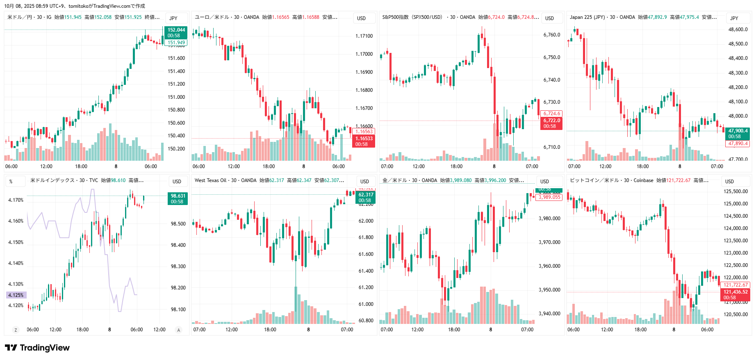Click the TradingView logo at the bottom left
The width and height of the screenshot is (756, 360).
pyautogui.click(x=37, y=348)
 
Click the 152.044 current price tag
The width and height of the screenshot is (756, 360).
pyautogui.click(x=176, y=30)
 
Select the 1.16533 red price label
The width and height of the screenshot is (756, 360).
pyautogui.click(x=364, y=139)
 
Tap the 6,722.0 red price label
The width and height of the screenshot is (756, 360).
pyautogui.click(x=551, y=121)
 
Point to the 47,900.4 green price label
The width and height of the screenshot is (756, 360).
pyautogui.click(x=738, y=131)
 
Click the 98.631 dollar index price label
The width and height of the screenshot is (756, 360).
pyautogui.click(x=178, y=196)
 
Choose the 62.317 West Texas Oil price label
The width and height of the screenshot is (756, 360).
pyautogui.click(x=366, y=195)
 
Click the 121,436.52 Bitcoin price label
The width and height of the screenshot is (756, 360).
pyautogui.click(x=736, y=292)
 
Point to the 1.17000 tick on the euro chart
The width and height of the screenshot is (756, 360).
pyautogui.click(x=364, y=54)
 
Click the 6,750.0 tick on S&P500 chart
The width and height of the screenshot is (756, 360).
pyautogui.click(x=551, y=57)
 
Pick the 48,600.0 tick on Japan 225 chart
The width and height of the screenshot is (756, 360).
pyautogui.click(x=738, y=30)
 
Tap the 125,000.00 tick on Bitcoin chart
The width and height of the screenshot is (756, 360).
pyautogui.click(x=736, y=204)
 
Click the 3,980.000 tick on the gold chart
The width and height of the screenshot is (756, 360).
pyautogui.click(x=549, y=219)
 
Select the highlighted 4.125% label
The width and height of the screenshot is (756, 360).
pyautogui.click(x=16, y=295)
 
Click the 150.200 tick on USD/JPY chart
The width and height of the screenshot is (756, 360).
pyautogui.click(x=176, y=149)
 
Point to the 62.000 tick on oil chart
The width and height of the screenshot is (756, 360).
pyautogui.click(x=366, y=221)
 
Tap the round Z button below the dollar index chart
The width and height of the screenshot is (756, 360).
pyautogui.click(x=16, y=330)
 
